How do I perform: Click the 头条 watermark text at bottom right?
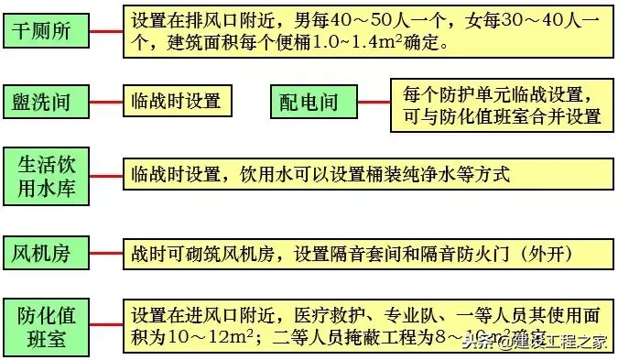coord(475,343)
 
